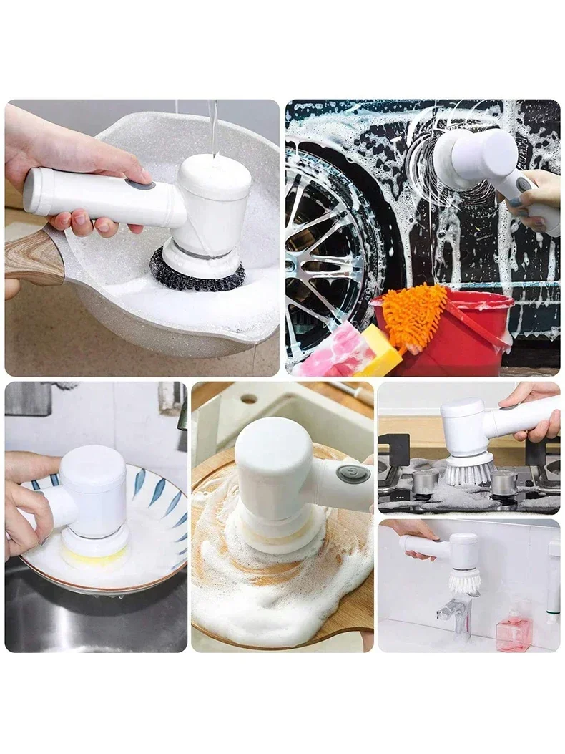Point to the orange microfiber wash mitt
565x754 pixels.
point(414,315)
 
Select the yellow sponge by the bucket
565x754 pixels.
point(380,352)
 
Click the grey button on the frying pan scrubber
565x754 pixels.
point(140,185)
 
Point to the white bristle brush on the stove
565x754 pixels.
point(469,471)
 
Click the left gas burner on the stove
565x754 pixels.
point(426,481)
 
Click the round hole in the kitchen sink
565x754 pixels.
point(248,398)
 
